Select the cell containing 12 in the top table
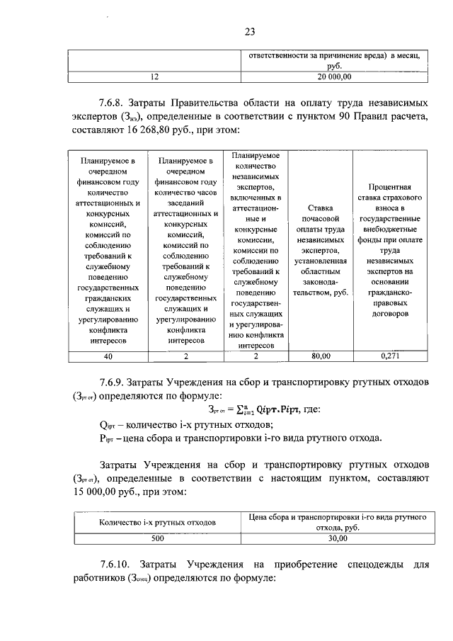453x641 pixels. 155,76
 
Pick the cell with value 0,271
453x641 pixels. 390,356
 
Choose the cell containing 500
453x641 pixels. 156,539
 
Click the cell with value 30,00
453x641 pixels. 337,539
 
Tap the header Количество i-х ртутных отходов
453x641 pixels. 156,522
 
